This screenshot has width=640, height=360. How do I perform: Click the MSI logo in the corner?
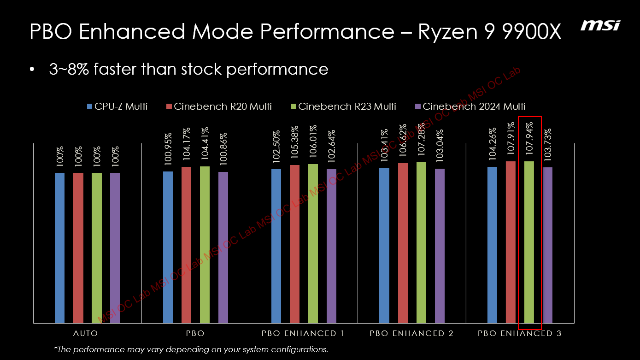pos(599,25)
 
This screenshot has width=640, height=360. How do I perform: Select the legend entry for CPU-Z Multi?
pos(117,106)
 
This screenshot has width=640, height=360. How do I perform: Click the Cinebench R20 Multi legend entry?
pos(219,106)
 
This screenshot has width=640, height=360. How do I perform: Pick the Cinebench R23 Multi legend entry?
pos(343,106)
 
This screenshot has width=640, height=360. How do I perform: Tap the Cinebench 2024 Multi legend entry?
pos(470,106)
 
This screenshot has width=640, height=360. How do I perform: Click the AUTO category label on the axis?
pos(86,333)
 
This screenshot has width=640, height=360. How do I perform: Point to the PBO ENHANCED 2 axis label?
pos(411,333)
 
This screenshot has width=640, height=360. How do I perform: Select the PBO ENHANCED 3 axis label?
pos(519,333)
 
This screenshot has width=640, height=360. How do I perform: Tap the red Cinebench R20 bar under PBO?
pos(186,244)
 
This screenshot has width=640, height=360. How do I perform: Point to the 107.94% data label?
pos(530,140)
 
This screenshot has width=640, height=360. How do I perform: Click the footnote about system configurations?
pos(191,349)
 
